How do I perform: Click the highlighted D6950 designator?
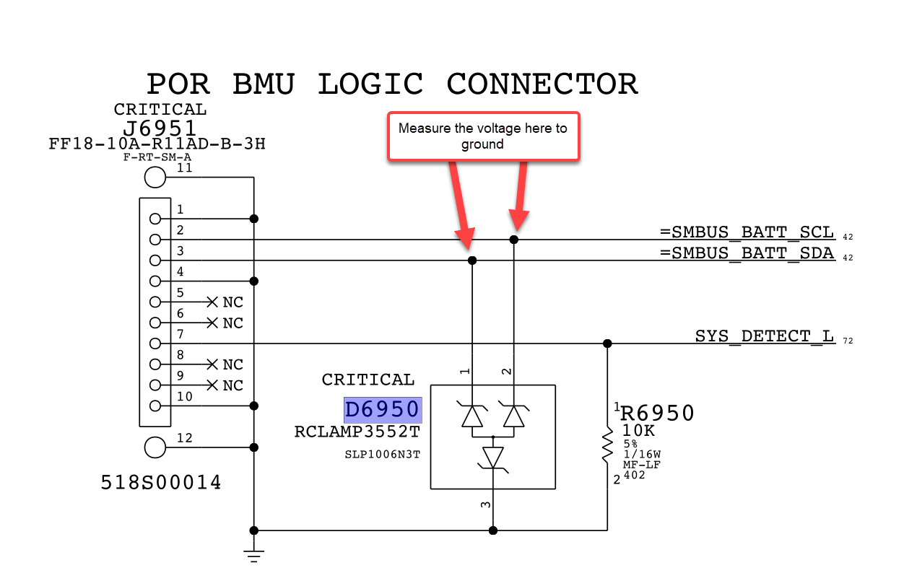click(382, 410)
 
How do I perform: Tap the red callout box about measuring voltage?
click(483, 136)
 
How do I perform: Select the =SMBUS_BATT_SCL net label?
click(747, 233)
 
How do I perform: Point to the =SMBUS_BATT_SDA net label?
click(747, 254)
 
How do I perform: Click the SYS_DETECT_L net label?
click(764, 337)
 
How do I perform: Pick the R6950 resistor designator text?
click(657, 414)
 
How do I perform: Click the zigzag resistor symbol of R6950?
click(607, 448)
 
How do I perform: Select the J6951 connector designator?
click(160, 128)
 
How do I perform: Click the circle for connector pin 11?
click(155, 177)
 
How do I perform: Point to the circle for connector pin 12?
click(155, 447)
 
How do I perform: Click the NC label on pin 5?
click(232, 302)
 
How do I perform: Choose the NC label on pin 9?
click(232, 385)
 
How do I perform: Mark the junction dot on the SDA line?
click(472, 261)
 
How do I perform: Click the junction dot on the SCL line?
click(514, 240)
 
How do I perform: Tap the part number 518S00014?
click(161, 483)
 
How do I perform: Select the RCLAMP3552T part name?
click(357, 432)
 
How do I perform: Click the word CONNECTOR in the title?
click(542, 84)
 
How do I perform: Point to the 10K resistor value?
click(638, 431)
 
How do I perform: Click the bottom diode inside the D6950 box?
click(493, 457)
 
